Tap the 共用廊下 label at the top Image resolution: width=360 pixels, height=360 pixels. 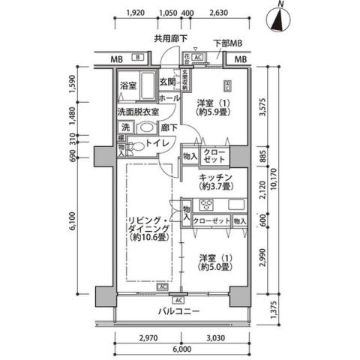pos(170,38)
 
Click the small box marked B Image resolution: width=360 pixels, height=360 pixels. pos(138,58)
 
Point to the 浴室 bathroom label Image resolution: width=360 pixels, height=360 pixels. pos(128,86)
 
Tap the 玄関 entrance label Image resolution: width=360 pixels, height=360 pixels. pos(166,83)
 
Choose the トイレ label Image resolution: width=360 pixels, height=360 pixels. pos(156,142)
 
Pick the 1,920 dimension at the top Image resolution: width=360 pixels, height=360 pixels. pos(136,13)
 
